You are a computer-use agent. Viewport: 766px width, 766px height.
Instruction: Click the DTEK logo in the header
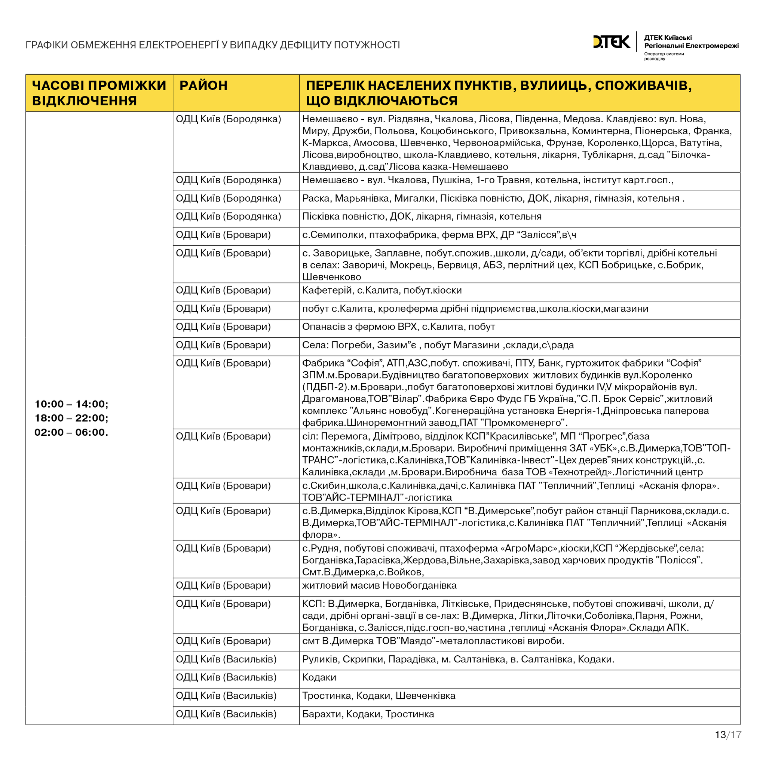click(611, 42)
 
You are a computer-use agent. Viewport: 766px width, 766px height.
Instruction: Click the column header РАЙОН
click(203, 86)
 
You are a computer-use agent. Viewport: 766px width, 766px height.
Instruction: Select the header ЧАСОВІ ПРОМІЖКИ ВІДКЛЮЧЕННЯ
click(99, 93)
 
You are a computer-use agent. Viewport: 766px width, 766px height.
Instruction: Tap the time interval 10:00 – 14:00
click(71, 404)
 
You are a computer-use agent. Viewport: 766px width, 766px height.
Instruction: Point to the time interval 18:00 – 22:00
click(71, 418)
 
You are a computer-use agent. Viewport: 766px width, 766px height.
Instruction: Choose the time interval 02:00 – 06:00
click(71, 432)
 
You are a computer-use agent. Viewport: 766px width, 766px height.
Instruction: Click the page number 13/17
click(728, 735)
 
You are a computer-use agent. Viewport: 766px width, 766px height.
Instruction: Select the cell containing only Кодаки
click(319, 677)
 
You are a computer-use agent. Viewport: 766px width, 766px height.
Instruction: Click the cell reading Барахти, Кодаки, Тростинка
click(368, 714)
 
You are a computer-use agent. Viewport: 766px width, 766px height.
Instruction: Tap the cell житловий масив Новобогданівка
click(379, 585)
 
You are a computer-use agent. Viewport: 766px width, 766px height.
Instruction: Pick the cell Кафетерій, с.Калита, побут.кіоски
click(382, 290)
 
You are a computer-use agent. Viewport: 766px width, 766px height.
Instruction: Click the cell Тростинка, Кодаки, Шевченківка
click(379, 695)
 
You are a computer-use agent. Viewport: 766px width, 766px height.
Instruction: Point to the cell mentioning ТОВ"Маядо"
click(433, 641)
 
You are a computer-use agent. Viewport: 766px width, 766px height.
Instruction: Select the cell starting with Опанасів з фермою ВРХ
click(398, 327)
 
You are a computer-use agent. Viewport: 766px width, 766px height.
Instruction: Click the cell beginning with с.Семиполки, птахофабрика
click(439, 235)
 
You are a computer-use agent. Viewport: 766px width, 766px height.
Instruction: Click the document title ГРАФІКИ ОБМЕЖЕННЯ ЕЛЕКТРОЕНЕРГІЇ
click(212, 45)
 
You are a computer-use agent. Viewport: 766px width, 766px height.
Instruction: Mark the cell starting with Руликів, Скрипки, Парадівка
click(458, 659)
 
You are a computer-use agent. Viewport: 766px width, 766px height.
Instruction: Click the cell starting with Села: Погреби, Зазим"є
click(438, 345)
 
